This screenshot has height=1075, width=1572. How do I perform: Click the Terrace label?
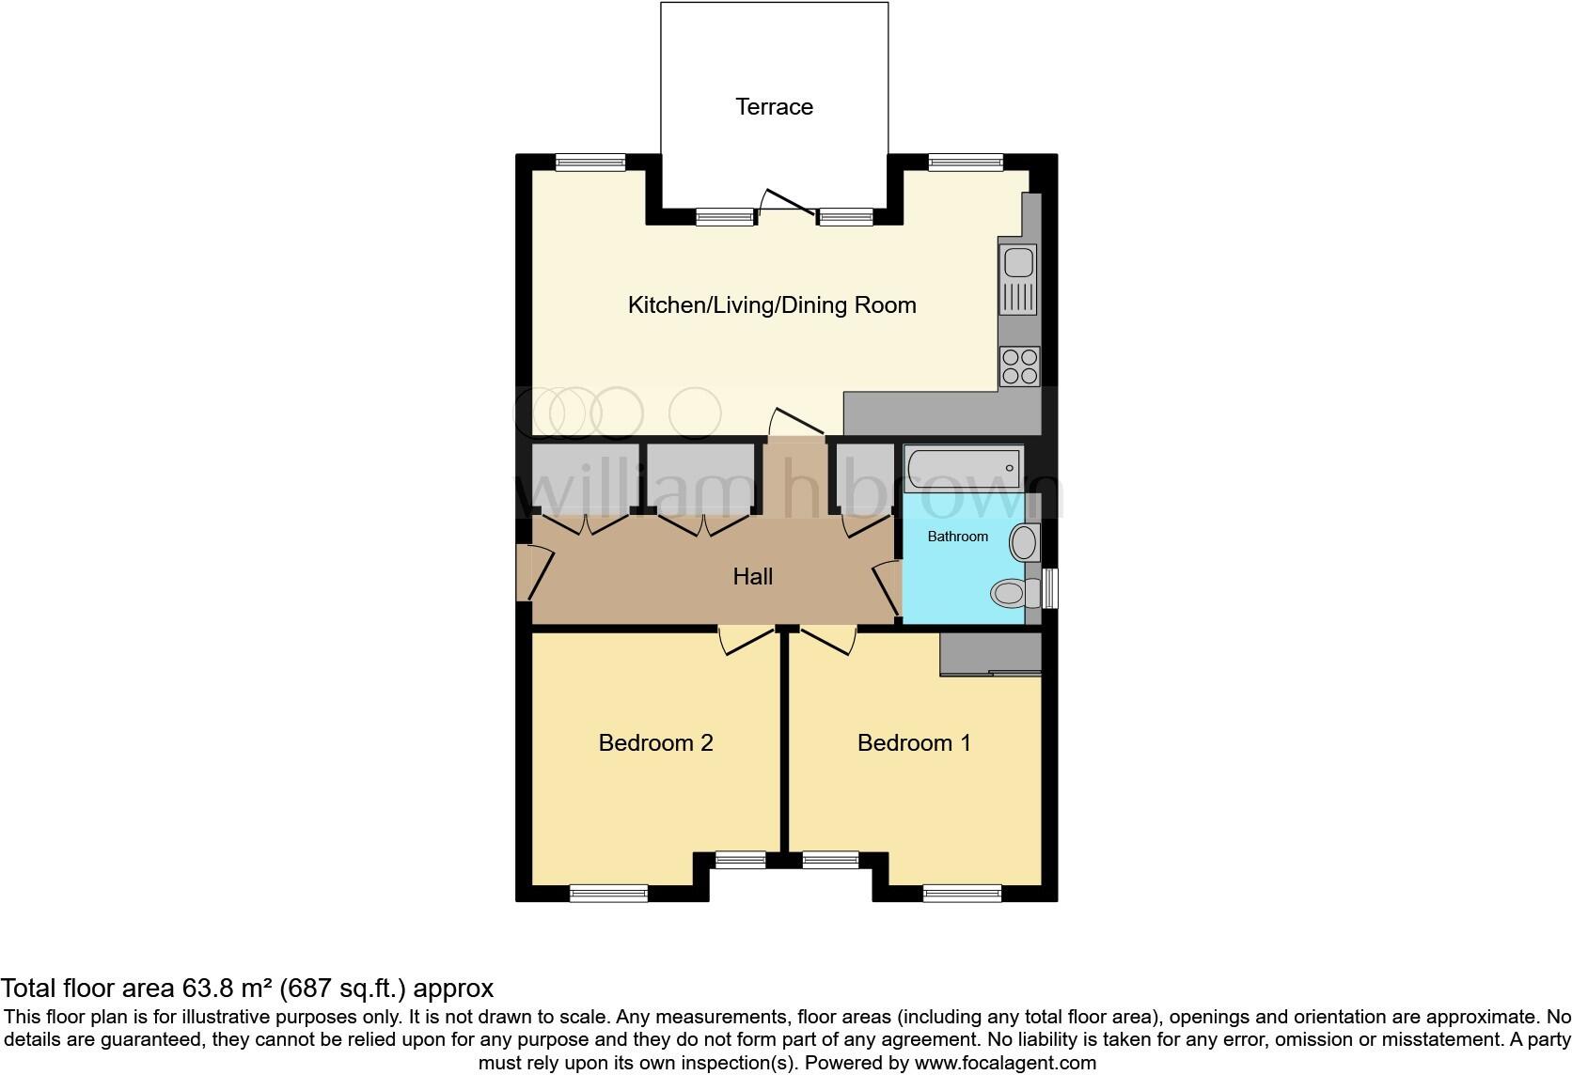(774, 107)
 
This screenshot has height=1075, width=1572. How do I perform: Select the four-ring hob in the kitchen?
(1019, 366)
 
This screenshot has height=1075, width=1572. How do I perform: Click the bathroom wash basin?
(1024, 543)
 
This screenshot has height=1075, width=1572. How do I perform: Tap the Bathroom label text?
(957, 537)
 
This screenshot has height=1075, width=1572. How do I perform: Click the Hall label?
(752, 577)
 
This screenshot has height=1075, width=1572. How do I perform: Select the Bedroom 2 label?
(655, 743)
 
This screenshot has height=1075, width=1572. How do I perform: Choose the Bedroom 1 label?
(914, 743)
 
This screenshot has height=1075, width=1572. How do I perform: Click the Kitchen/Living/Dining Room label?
(771, 305)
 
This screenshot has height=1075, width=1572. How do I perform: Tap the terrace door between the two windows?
(785, 204)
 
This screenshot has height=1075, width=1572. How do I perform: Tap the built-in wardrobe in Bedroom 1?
(991, 653)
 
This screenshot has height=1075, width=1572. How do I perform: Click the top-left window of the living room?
(590, 163)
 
